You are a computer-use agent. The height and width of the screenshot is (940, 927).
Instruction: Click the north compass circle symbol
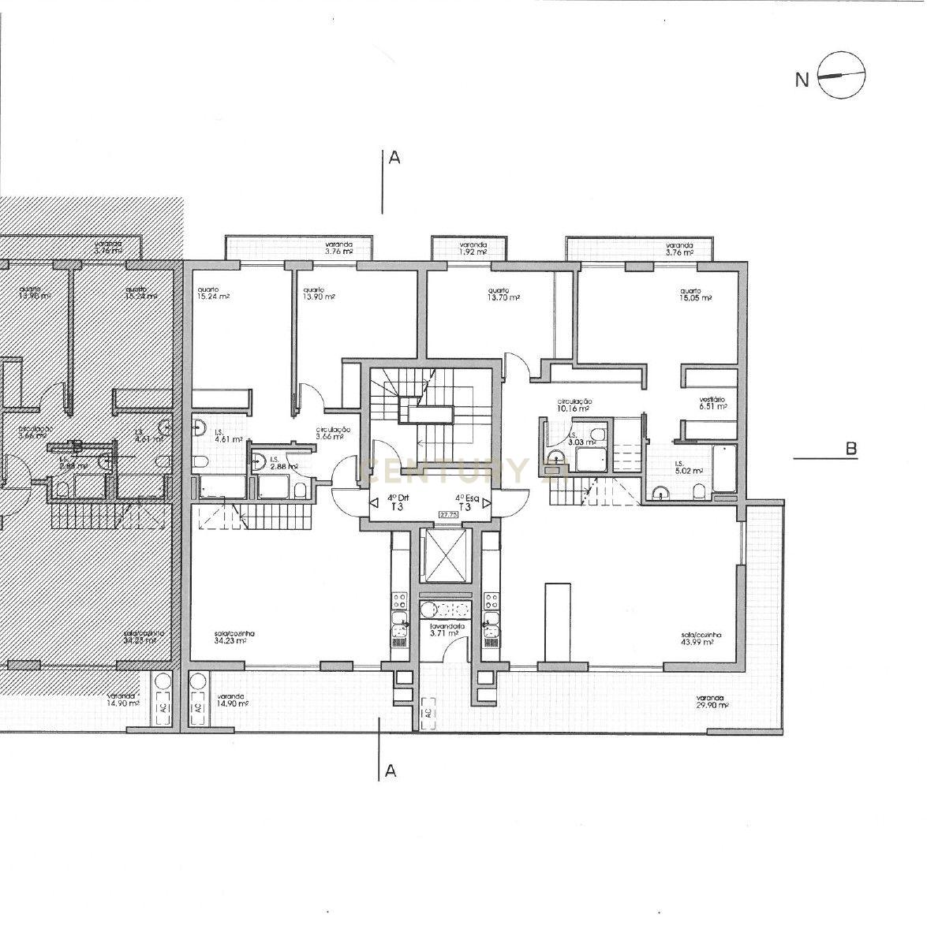pos(842,76)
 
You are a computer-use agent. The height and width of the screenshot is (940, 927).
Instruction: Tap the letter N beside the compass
pos(802,80)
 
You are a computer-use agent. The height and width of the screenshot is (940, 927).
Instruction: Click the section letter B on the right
pos(851,449)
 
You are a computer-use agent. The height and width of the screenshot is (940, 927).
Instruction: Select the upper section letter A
pos(394,158)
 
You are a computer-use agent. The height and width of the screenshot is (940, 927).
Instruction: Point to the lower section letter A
pos(390,771)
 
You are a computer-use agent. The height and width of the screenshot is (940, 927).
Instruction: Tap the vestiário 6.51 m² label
pos(712,403)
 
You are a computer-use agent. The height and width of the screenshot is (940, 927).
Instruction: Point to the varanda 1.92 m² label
pos(473,248)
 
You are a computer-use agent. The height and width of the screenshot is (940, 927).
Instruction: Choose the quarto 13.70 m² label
pos(504,293)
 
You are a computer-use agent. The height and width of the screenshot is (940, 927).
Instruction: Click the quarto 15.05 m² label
pos(697,295)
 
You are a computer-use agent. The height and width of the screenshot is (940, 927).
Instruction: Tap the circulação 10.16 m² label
pos(574,405)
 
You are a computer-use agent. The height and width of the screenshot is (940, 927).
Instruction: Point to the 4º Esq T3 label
pos(465,502)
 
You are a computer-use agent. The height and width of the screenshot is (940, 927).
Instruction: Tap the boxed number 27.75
pos(449,515)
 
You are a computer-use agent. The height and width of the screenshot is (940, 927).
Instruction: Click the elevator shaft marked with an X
pos(446,555)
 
